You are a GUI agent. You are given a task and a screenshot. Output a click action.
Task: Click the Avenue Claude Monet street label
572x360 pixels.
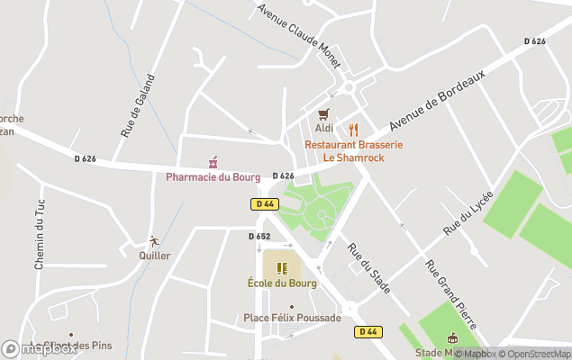coord(298,35)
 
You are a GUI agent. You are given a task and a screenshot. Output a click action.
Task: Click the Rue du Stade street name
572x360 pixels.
coord(368,268)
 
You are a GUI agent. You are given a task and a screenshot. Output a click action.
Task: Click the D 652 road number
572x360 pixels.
coord(259,237)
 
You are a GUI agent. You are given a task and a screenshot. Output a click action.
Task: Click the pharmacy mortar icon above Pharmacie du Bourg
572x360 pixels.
coord(213,162)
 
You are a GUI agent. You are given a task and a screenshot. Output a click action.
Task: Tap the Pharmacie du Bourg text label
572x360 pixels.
coord(213,176)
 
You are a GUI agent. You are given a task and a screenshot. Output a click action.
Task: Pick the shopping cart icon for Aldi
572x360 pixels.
coord(323,114)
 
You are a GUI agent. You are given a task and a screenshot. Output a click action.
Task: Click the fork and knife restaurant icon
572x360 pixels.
coord(353,129)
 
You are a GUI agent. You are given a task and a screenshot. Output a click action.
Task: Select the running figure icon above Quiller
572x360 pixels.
coord(154,241)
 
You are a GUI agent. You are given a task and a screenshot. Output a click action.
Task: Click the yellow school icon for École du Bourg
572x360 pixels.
coord(282,268)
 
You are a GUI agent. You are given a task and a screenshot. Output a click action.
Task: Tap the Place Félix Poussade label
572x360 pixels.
coord(292,318)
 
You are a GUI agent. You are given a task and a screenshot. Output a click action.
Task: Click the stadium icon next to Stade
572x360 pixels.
coord(452,338)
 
